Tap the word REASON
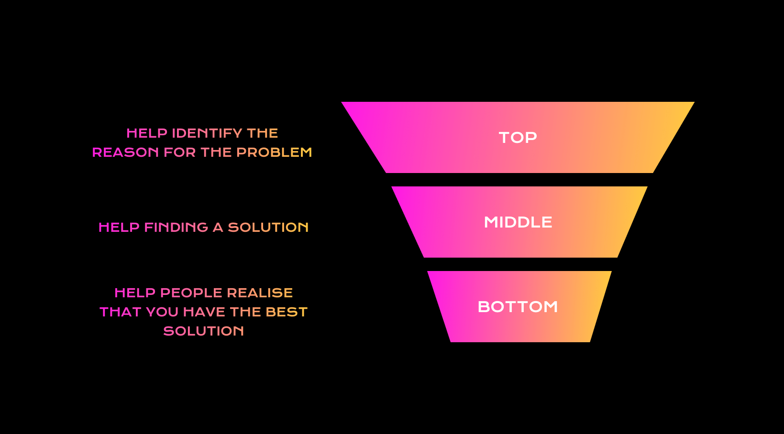pos(125,152)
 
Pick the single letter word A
pos(218,228)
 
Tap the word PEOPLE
pos(191,293)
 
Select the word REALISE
pos(260,293)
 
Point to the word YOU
pos(162,312)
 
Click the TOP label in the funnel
pos(518,138)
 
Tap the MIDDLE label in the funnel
pos(518,222)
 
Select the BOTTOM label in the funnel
pos(518,307)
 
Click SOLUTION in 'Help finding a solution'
pos(268,228)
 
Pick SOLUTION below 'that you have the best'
pos(204,331)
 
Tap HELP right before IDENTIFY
pos(147,133)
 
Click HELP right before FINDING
pos(119,228)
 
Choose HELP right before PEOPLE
pos(135,293)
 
